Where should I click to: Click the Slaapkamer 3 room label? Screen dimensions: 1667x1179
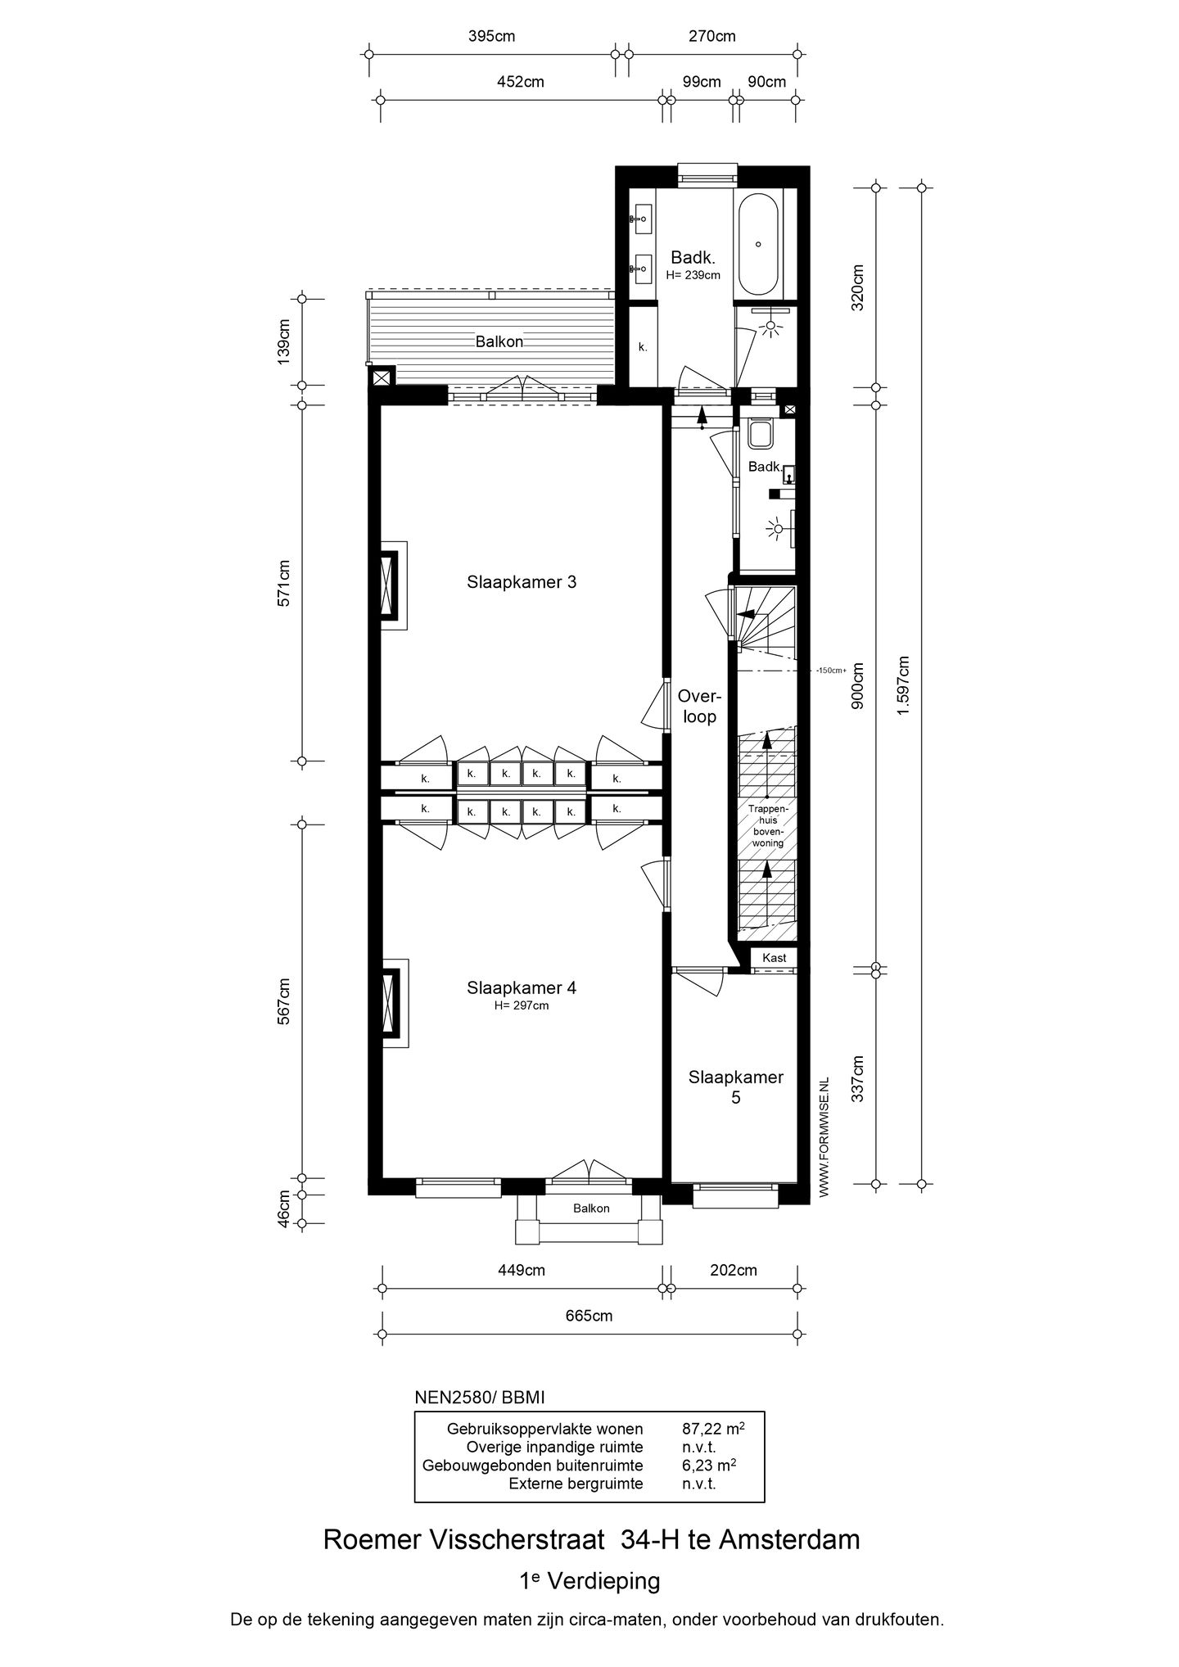(x=522, y=582)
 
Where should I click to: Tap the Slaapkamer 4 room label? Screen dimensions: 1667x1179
(x=522, y=987)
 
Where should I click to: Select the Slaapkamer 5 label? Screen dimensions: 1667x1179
(x=735, y=1087)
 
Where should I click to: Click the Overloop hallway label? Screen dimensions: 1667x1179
(x=698, y=707)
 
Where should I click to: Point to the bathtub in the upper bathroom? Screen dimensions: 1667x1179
(x=759, y=243)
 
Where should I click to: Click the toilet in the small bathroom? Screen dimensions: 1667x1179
(x=761, y=433)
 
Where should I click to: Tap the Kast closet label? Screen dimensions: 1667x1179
(x=774, y=957)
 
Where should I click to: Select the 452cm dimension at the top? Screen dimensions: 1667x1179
(x=521, y=82)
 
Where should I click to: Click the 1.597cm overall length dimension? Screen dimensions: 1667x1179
(x=903, y=685)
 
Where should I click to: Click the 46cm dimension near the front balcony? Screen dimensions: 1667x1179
(x=283, y=1208)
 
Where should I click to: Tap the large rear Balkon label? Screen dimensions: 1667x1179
(x=499, y=342)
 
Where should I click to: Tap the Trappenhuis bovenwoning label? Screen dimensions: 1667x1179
(x=767, y=825)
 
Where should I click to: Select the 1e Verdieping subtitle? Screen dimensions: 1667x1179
(x=589, y=1581)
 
